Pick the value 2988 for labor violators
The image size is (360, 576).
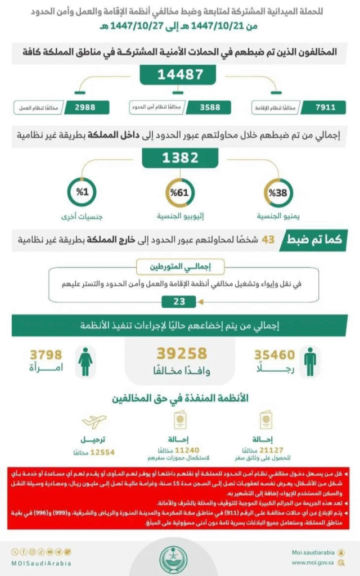coord(81,106)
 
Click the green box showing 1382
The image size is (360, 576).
coord(179,159)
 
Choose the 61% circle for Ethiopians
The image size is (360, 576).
coord(179,193)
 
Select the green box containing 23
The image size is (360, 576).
coord(179,301)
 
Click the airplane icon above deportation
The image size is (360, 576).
coord(93,421)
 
